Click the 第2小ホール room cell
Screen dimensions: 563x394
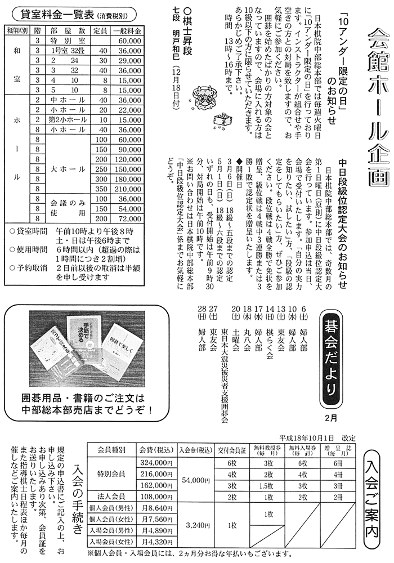pyautogui.click(x=67, y=120)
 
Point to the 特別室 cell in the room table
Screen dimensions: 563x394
pyautogui.click(x=67, y=41)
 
